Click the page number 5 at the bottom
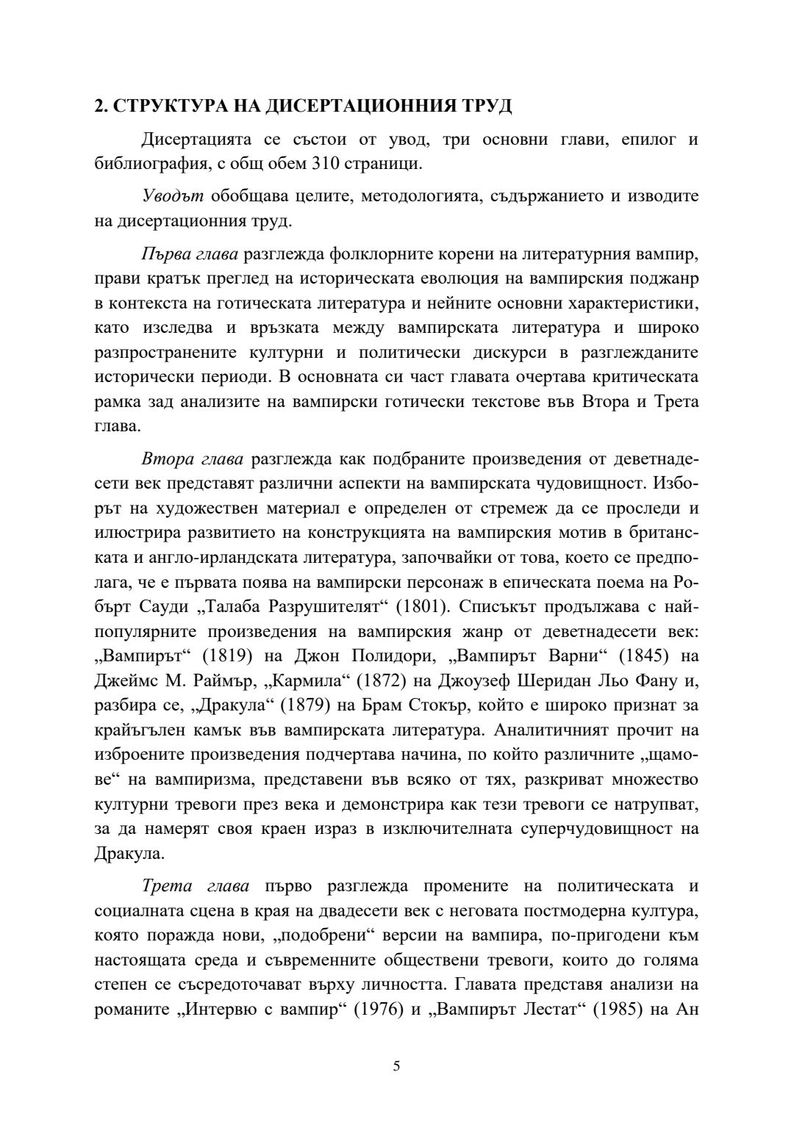click(397, 1066)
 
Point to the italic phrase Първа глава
click(190, 254)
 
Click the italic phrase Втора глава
click(193, 460)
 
